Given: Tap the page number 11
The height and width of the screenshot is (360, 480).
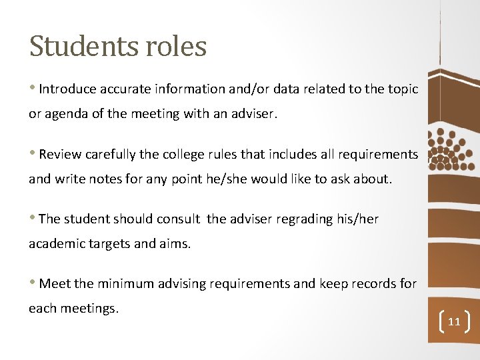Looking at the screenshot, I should tap(454, 322).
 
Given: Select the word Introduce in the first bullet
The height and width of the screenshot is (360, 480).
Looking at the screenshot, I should tap(67, 89).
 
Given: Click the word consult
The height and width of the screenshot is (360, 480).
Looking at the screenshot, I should tap(178, 219).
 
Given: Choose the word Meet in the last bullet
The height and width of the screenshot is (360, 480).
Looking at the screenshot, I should tap(55, 284).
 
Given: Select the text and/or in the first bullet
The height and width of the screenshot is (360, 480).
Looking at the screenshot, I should tap(244, 89).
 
